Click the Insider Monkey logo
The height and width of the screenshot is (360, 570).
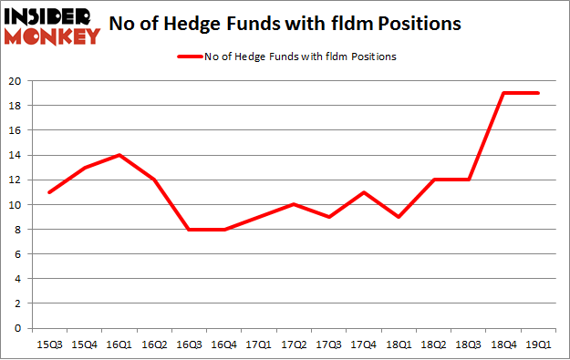tap(51, 26)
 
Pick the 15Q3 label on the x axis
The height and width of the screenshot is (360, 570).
tap(48, 345)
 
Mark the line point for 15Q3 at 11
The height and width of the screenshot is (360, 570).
tap(48, 192)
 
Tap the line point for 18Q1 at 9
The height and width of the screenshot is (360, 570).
tap(399, 217)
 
